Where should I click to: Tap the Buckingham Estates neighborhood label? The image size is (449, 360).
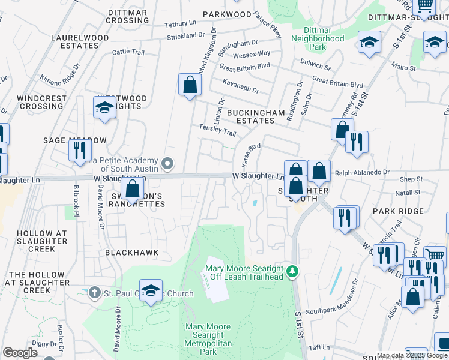click(x=250, y=116)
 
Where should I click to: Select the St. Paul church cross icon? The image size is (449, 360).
click(x=94, y=293)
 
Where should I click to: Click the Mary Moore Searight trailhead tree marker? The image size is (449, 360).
click(x=292, y=272)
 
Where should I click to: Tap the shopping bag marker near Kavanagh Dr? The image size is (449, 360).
click(x=190, y=86)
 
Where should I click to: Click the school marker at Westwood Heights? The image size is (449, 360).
click(x=104, y=109)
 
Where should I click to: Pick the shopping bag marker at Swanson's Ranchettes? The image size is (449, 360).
click(x=132, y=190)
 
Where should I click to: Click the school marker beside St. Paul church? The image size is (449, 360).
click(x=151, y=292)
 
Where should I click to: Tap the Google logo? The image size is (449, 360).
click(x=20, y=353)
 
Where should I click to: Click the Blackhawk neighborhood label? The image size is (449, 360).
click(x=132, y=253)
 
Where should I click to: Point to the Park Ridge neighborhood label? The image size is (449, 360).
click(x=398, y=211)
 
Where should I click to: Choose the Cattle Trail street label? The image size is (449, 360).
click(x=128, y=53)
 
